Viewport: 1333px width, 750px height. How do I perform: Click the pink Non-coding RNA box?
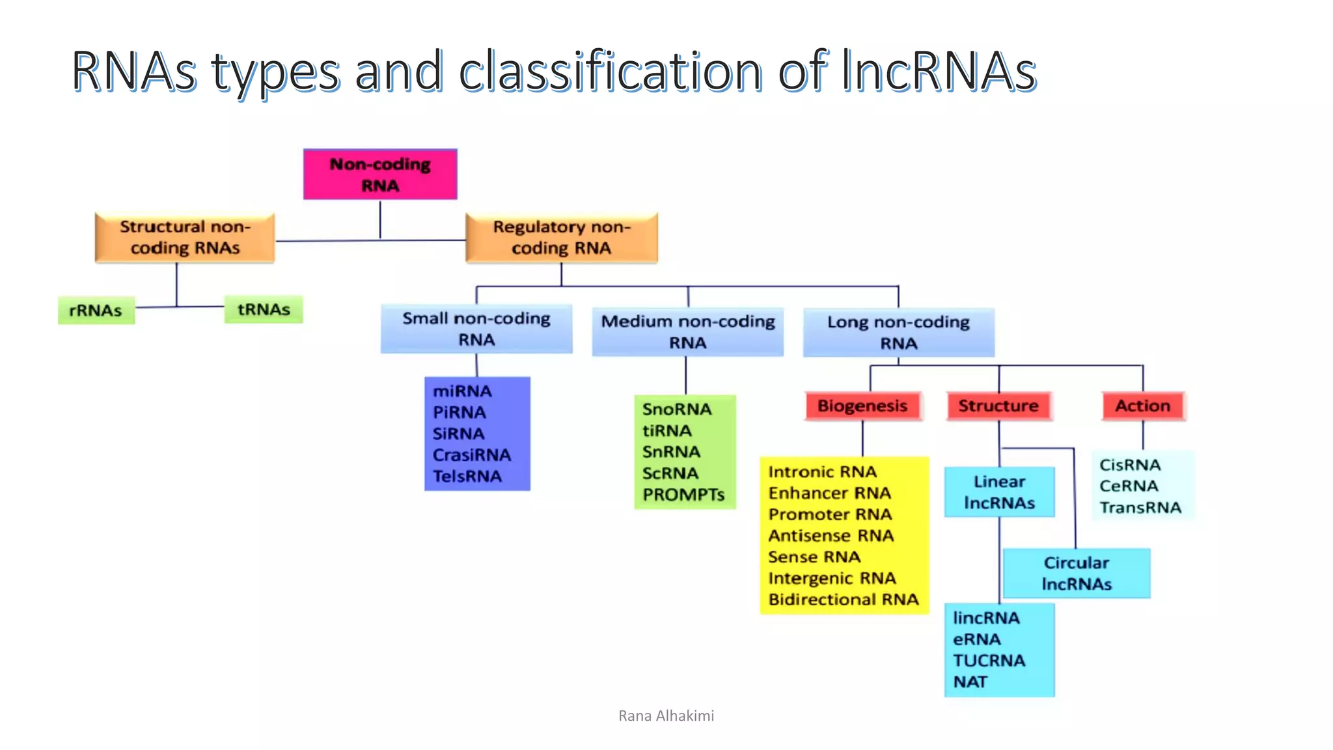point(380,174)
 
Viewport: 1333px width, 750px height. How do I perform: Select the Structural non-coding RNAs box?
point(185,238)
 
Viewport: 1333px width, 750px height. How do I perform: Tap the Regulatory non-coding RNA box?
point(561,238)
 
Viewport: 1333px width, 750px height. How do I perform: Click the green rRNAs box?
point(96,311)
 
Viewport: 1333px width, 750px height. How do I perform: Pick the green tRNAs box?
point(263,309)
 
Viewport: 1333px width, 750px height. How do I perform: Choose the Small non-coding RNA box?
point(476,329)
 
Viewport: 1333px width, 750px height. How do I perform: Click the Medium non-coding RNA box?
point(687,332)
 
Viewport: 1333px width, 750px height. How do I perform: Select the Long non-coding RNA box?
point(898,333)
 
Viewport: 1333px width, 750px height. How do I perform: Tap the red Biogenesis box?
point(862,406)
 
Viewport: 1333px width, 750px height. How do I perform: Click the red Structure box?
point(998,406)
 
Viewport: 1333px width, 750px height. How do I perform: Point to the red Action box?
point(1143,406)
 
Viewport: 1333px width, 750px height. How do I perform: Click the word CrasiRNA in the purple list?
point(472,455)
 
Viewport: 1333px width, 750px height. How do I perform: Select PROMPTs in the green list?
point(683,495)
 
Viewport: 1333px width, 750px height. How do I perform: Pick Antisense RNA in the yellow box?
point(831,536)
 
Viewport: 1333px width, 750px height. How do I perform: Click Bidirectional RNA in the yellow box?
point(844,600)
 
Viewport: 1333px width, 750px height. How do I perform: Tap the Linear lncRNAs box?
point(999,492)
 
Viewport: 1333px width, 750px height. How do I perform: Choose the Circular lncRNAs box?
point(1077,574)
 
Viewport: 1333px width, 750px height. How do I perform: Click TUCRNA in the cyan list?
point(989,661)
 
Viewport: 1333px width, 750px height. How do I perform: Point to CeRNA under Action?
point(1129,486)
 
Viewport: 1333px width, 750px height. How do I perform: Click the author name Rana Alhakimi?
point(666,716)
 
